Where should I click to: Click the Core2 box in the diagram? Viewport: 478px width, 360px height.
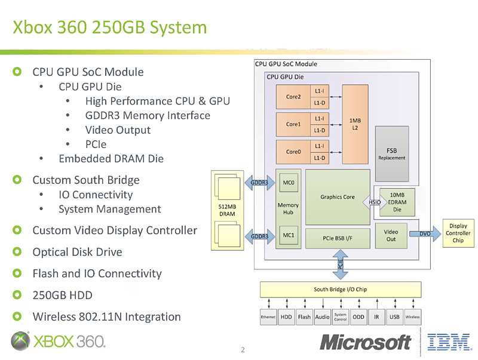coord(293,97)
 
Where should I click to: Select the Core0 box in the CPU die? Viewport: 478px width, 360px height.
coord(293,152)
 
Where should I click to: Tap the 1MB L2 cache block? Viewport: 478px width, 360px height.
coord(355,124)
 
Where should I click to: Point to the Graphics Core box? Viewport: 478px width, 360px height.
coord(337,196)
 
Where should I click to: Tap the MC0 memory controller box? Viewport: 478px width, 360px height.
coord(288,182)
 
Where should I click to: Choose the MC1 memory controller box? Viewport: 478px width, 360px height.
coord(288,235)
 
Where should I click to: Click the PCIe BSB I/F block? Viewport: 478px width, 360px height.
coord(337,238)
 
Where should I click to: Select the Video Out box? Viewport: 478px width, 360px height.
coord(391,235)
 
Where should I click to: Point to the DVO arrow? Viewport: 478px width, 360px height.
coord(426,233)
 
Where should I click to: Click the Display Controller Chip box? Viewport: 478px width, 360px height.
coord(458,233)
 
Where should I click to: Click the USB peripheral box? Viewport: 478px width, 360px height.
coord(394,317)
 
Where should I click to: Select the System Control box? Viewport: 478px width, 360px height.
coord(341,317)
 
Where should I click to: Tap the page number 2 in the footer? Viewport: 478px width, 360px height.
coord(243,349)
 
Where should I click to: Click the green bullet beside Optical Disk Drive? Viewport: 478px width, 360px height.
coord(17,252)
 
